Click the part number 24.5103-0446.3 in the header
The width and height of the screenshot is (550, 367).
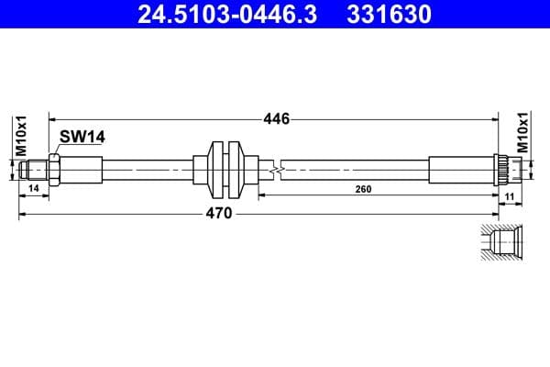tap(221, 14)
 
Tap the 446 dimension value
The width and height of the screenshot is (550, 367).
tap(276, 118)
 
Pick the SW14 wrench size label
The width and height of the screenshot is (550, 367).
tap(82, 137)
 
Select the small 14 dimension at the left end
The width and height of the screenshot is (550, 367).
tap(34, 189)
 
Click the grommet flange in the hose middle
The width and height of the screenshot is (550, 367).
tap(224, 169)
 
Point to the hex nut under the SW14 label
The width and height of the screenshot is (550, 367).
tap(55, 169)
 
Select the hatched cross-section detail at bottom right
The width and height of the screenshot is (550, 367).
tap(502, 241)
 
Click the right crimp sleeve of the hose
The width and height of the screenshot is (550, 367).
tap(461, 169)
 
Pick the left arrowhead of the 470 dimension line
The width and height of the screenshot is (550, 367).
tap(23, 213)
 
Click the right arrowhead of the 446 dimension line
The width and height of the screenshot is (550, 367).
tap(495, 118)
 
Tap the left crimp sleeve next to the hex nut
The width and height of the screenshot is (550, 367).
tap(82, 169)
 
